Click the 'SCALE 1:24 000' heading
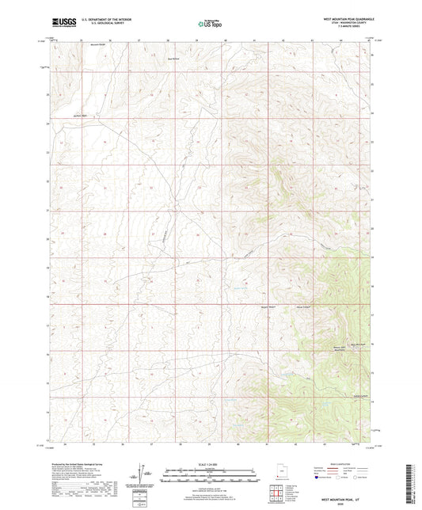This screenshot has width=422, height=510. tap(210, 463)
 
